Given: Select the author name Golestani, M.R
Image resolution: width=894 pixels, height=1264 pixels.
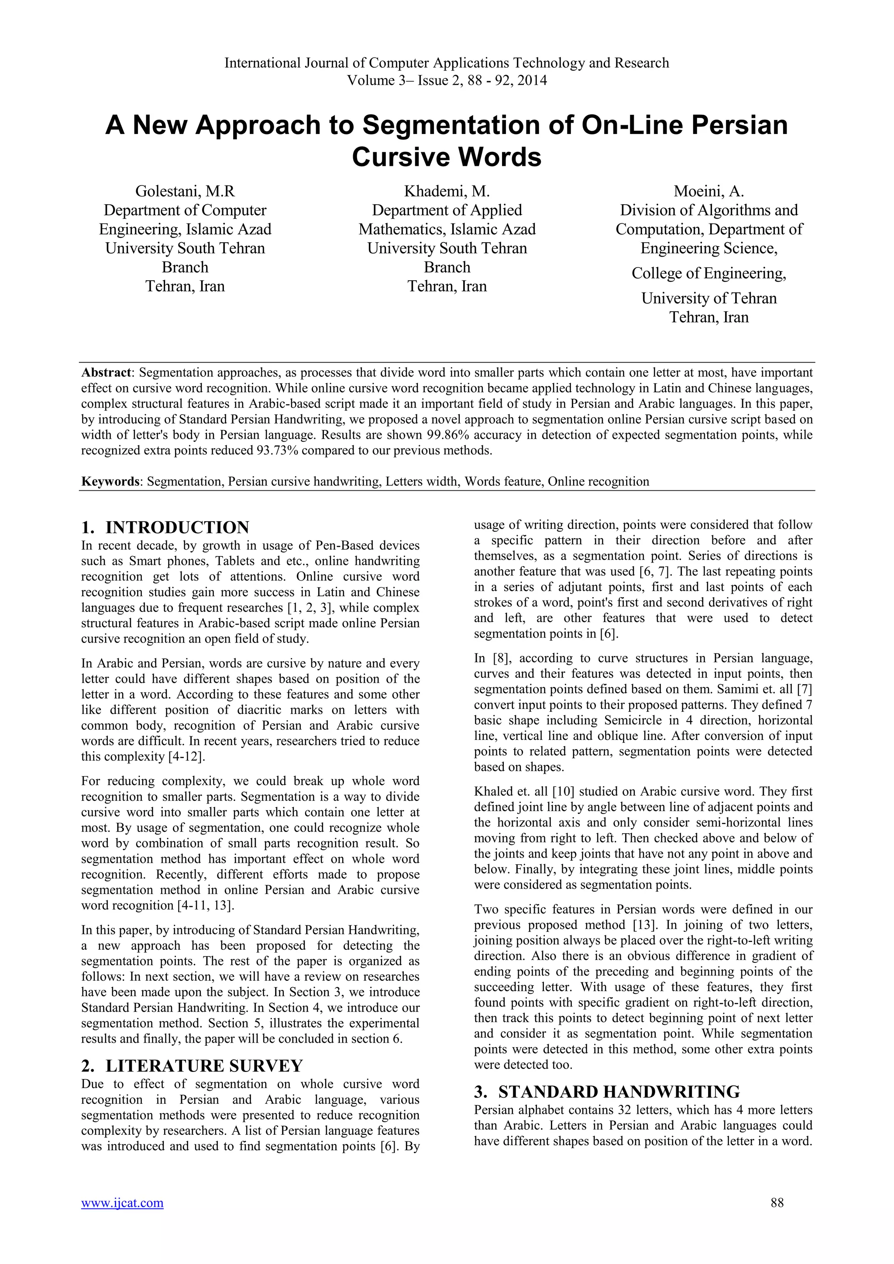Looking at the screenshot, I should point(185,191).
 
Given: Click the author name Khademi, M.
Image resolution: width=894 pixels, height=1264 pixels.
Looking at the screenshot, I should point(447,191).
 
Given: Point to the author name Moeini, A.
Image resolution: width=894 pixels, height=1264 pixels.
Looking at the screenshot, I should point(709,191).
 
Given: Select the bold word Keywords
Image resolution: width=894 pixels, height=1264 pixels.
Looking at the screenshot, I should point(110,482).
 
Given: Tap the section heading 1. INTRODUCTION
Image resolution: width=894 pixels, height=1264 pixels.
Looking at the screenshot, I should point(165,527).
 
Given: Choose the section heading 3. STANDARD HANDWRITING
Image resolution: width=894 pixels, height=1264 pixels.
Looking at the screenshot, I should point(607,1092).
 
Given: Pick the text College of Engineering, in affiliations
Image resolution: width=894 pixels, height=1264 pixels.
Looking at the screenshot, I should point(709,273).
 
